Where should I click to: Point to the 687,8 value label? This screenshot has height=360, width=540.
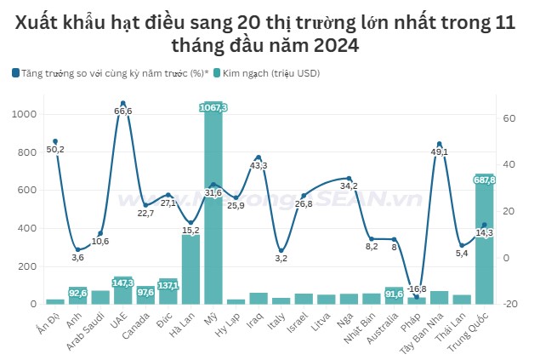(x=485, y=180)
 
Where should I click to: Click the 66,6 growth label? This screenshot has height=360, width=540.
(x=122, y=111)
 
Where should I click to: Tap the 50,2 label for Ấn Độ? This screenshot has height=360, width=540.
(x=55, y=149)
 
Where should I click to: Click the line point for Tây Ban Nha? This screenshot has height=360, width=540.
(x=439, y=144)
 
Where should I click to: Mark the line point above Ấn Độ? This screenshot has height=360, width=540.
(x=55, y=141)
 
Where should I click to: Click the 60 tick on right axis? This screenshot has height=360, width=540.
(x=507, y=118)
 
